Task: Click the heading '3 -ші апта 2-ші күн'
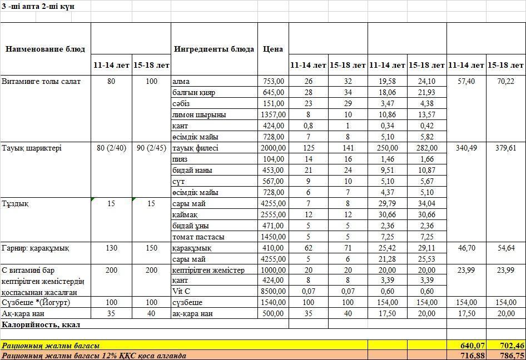(38, 6)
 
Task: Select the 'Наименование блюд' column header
(46, 49)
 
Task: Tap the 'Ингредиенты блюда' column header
(214, 49)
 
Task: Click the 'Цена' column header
(273, 49)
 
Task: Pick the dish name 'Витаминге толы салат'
(41, 82)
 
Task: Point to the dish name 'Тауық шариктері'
(32, 148)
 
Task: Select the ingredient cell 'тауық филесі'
(196, 148)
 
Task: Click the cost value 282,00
(427, 148)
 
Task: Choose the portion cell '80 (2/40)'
(111, 148)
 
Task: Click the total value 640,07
(466, 346)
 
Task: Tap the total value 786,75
(506, 356)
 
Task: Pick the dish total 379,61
(506, 148)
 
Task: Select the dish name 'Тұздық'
(16, 204)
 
